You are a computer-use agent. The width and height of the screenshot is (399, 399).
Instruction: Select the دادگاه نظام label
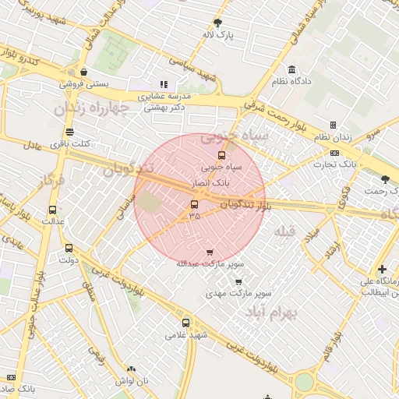coord(291,81)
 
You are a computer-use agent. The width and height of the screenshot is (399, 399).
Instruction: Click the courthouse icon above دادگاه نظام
coord(291,69)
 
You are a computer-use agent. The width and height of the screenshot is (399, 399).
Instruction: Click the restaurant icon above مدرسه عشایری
coord(164,84)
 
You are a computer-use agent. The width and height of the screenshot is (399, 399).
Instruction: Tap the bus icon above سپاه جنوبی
coord(222,155)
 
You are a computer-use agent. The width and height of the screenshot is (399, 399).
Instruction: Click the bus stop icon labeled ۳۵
coord(194,205)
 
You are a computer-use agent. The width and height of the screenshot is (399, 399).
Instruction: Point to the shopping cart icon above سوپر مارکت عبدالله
coord(210,252)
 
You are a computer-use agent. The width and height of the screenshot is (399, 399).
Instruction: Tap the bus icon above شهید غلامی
coord(185,323)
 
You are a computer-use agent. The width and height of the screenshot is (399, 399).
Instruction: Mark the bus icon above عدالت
coord(52,210)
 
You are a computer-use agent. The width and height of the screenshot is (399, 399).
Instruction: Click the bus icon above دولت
coord(69,249)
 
